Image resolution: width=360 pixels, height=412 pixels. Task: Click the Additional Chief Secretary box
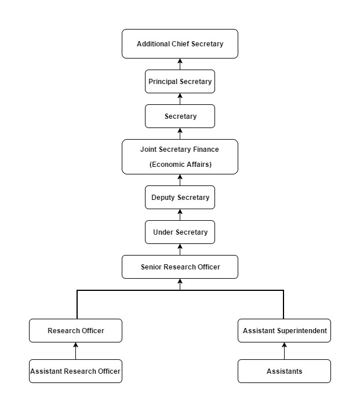pos(180,43)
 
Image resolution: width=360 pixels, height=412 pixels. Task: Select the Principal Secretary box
pos(180,82)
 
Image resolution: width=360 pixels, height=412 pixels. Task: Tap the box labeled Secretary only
pos(180,116)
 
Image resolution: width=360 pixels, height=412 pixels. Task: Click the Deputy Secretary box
pos(180,198)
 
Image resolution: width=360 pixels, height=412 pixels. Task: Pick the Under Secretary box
pos(180,232)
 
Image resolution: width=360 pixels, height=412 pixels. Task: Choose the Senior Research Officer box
pos(180,267)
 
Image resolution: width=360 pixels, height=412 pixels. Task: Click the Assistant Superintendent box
pos(284,331)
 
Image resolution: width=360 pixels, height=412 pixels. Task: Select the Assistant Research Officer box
pos(75,371)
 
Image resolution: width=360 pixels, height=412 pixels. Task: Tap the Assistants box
pos(284,371)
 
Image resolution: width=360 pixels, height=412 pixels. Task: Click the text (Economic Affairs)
pos(180,165)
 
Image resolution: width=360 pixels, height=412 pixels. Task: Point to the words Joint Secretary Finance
pos(180,150)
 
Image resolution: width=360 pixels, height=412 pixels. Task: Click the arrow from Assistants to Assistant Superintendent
pos(284,351)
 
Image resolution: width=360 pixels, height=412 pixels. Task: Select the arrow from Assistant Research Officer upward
pos(75,351)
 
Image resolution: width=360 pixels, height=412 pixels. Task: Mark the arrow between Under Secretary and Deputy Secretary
pos(180,215)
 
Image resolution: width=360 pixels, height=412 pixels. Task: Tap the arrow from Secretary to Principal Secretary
pos(180,99)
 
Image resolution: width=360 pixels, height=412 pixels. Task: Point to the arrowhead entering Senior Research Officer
pos(180,282)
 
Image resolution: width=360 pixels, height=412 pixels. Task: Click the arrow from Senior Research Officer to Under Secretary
pos(180,250)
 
